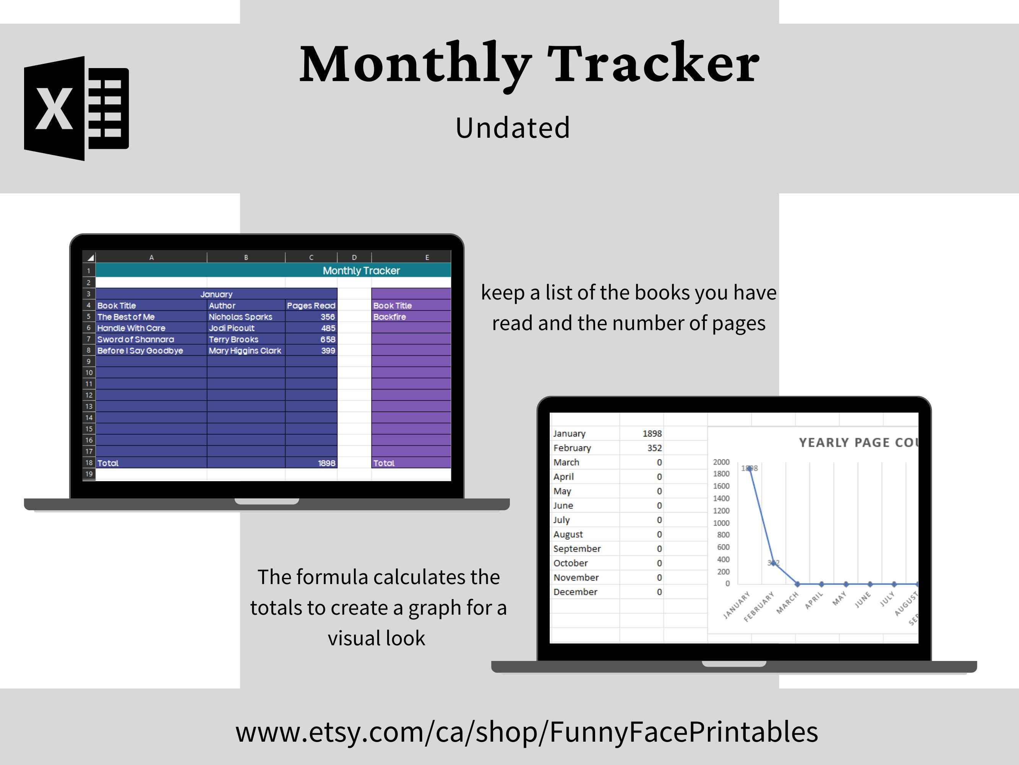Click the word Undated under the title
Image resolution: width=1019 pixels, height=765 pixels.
513,128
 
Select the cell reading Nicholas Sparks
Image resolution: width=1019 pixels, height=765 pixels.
240,317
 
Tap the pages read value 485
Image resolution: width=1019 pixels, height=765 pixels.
328,328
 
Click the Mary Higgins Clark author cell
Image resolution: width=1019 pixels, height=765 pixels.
245,350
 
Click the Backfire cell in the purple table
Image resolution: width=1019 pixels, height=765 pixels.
390,317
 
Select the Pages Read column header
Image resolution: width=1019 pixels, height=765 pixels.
311,306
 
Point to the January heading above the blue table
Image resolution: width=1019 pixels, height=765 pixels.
216,294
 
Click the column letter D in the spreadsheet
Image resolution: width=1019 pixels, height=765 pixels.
354,257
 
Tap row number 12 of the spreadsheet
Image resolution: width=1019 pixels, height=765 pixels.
89,395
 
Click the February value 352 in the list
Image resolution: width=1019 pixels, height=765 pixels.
654,448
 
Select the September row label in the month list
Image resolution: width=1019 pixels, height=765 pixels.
577,549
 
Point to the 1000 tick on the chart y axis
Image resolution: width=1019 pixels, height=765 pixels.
721,523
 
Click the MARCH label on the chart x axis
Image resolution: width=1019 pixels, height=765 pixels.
787,603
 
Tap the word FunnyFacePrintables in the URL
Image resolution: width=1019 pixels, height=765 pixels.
684,732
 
